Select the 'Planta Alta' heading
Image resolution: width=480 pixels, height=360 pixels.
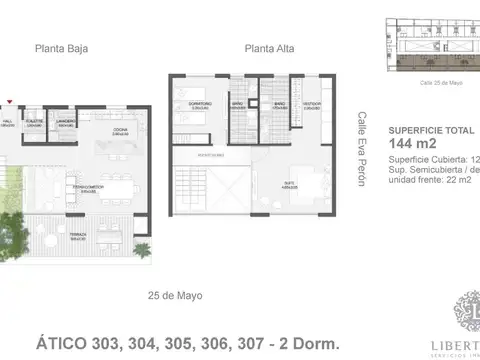pyautogui.click(x=268, y=47)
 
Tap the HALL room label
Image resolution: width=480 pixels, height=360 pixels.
pyautogui.click(x=7, y=123)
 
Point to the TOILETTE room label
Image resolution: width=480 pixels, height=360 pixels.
pyautogui.click(x=34, y=123)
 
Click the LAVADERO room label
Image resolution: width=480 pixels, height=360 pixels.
pyautogui.click(x=66, y=123)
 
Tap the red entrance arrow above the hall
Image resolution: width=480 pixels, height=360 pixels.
pyautogui.click(x=9, y=101)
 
